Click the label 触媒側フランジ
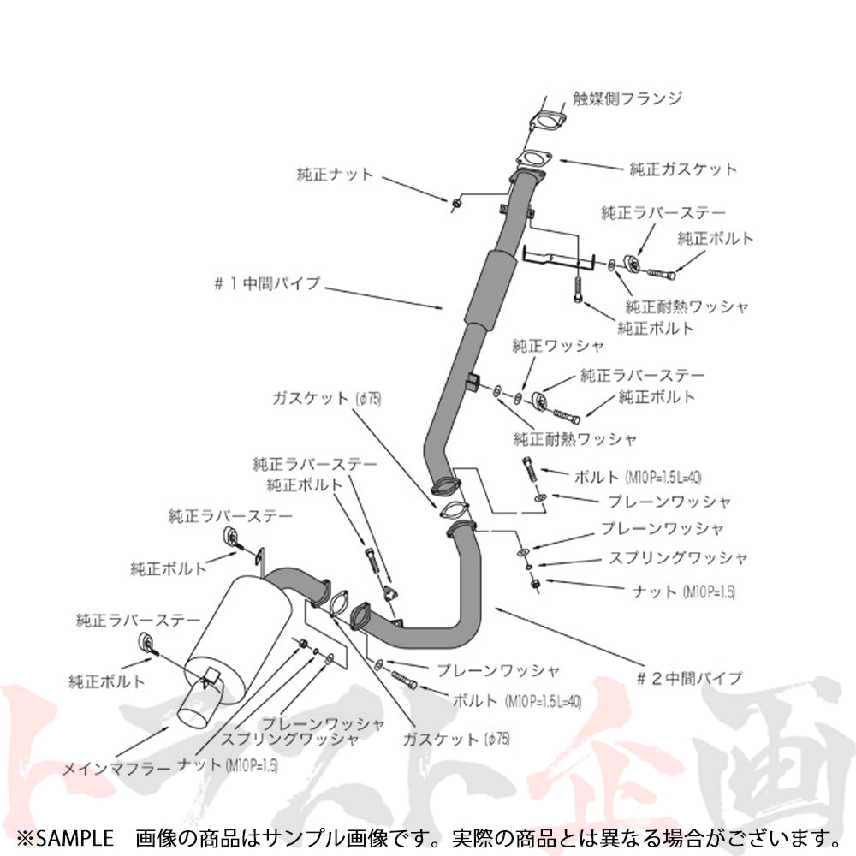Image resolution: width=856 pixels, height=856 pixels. coord(627,98)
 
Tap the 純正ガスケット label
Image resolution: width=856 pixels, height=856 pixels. coord(682,169)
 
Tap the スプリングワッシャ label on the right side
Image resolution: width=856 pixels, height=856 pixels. coord(678,557)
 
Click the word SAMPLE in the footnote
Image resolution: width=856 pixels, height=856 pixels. coord(76,835)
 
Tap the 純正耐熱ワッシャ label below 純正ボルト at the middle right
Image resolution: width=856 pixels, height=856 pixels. coord(575,439)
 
